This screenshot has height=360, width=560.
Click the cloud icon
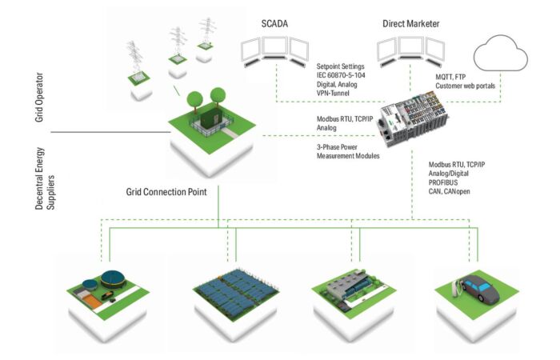click(x=501, y=56)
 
